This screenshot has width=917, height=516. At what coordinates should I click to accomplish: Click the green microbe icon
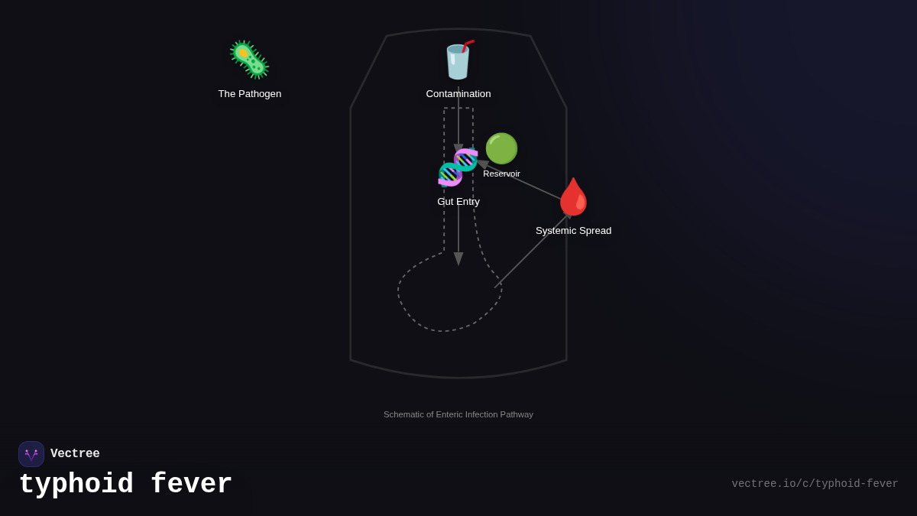249,60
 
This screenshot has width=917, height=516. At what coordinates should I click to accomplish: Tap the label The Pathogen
250,94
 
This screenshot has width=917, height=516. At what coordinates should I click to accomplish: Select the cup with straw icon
458,61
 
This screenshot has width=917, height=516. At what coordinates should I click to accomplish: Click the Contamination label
458,94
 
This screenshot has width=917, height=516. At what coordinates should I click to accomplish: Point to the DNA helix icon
458,167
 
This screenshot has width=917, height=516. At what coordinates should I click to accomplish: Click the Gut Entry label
458,202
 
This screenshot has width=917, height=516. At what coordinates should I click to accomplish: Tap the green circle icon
501,148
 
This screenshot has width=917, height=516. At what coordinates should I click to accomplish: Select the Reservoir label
501,174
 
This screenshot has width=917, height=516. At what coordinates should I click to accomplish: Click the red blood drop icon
573,196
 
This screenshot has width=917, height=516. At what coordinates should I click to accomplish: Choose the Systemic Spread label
573,231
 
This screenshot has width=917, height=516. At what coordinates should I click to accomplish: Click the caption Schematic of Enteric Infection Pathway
458,414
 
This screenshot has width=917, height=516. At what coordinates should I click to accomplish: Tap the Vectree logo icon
31,454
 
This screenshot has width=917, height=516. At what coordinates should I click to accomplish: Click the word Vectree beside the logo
75,454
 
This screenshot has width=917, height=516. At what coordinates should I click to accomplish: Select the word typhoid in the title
76,485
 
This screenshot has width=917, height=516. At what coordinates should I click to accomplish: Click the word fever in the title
191,485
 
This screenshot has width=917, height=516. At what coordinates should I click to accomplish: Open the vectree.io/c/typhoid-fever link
815,484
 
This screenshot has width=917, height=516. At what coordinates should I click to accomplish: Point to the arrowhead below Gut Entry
458,258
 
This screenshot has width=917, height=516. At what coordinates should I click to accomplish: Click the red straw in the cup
468,45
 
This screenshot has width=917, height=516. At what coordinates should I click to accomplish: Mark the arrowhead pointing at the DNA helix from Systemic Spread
483,164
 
